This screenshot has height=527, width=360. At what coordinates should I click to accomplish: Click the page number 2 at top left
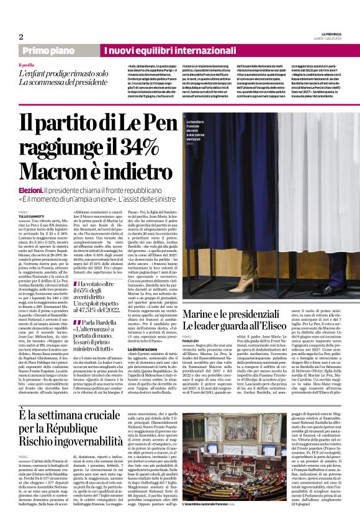pyautogui.click(x=20, y=37)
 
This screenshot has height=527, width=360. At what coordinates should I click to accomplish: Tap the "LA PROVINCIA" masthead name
pyautogui.click(x=329, y=33)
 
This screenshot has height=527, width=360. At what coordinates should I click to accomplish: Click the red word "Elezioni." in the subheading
pyautogui.click(x=30, y=189)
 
